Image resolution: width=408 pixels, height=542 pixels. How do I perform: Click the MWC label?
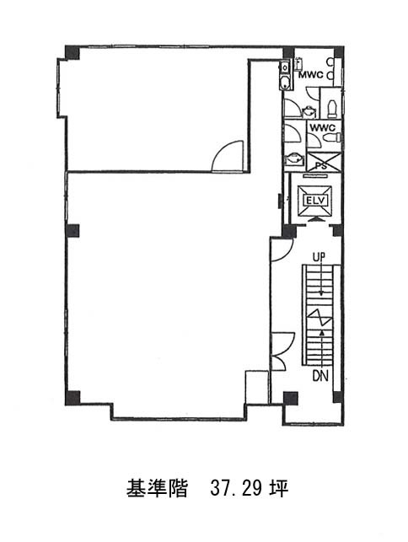311,75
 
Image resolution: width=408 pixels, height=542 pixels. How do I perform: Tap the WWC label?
322,127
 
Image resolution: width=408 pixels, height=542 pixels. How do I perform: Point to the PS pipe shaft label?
322,166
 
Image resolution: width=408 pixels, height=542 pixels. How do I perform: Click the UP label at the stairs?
319,257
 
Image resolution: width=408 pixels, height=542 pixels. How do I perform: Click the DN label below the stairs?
320,377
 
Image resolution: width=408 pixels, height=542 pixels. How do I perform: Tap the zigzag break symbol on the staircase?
319,318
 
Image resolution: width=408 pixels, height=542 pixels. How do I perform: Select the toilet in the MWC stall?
332,108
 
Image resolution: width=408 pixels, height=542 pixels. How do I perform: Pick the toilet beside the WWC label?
332,138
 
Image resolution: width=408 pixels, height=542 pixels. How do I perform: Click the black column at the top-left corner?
72,52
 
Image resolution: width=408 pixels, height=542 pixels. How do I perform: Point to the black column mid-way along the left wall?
72,231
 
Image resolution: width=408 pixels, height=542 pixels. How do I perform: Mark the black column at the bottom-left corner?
72,398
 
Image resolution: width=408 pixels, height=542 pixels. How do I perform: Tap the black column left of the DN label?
291,398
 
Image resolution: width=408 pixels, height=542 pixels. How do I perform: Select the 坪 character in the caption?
279,489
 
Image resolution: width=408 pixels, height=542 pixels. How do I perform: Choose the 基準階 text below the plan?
157,489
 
